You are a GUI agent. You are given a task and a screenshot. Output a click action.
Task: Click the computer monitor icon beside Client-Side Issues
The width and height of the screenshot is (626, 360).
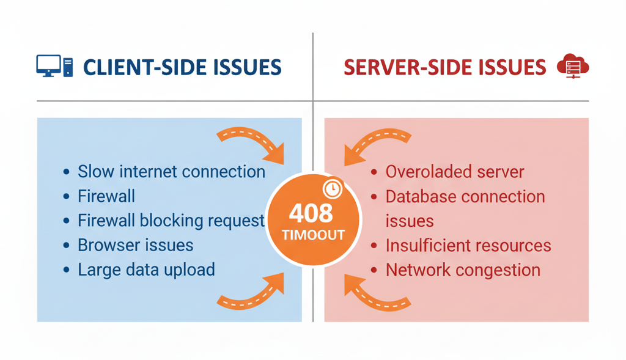coord(49,65)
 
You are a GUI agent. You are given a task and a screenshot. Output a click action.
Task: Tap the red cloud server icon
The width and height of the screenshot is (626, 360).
coord(572,67)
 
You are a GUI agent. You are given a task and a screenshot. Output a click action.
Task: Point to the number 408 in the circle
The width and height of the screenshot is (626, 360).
coord(311,213)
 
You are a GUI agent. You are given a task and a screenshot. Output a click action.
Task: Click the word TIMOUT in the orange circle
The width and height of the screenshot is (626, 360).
coord(312,235)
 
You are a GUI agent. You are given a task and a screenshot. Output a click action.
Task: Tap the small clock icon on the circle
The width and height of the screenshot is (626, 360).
coord(333,189)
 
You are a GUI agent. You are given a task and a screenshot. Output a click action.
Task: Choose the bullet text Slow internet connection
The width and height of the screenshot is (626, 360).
coord(171,172)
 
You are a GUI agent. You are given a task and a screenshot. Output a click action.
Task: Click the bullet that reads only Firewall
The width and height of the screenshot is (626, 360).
coord(106,196)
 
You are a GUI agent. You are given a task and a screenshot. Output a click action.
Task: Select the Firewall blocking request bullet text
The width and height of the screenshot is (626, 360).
coord(171,221)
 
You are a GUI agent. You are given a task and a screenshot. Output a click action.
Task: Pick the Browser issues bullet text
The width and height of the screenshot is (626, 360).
coord(135,245)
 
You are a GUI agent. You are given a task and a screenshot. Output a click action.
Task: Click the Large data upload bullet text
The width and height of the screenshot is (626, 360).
coord(146,270)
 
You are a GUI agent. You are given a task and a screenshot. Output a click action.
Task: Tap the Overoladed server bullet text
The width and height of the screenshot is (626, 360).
coord(454,172)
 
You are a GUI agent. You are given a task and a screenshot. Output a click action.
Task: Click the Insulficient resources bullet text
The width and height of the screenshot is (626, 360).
coord(468,245)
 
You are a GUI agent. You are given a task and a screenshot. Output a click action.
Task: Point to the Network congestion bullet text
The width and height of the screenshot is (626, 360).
coord(463,270)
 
